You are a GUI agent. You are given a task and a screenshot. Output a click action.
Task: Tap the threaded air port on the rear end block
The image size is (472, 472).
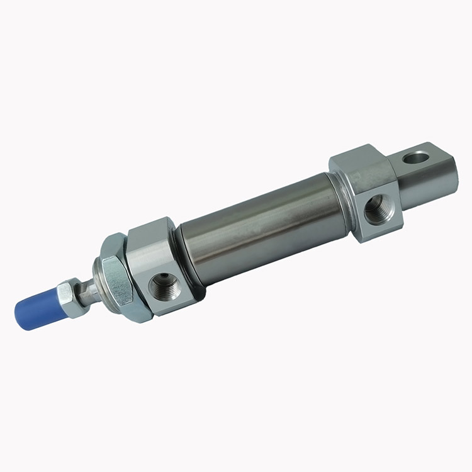[378, 210]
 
